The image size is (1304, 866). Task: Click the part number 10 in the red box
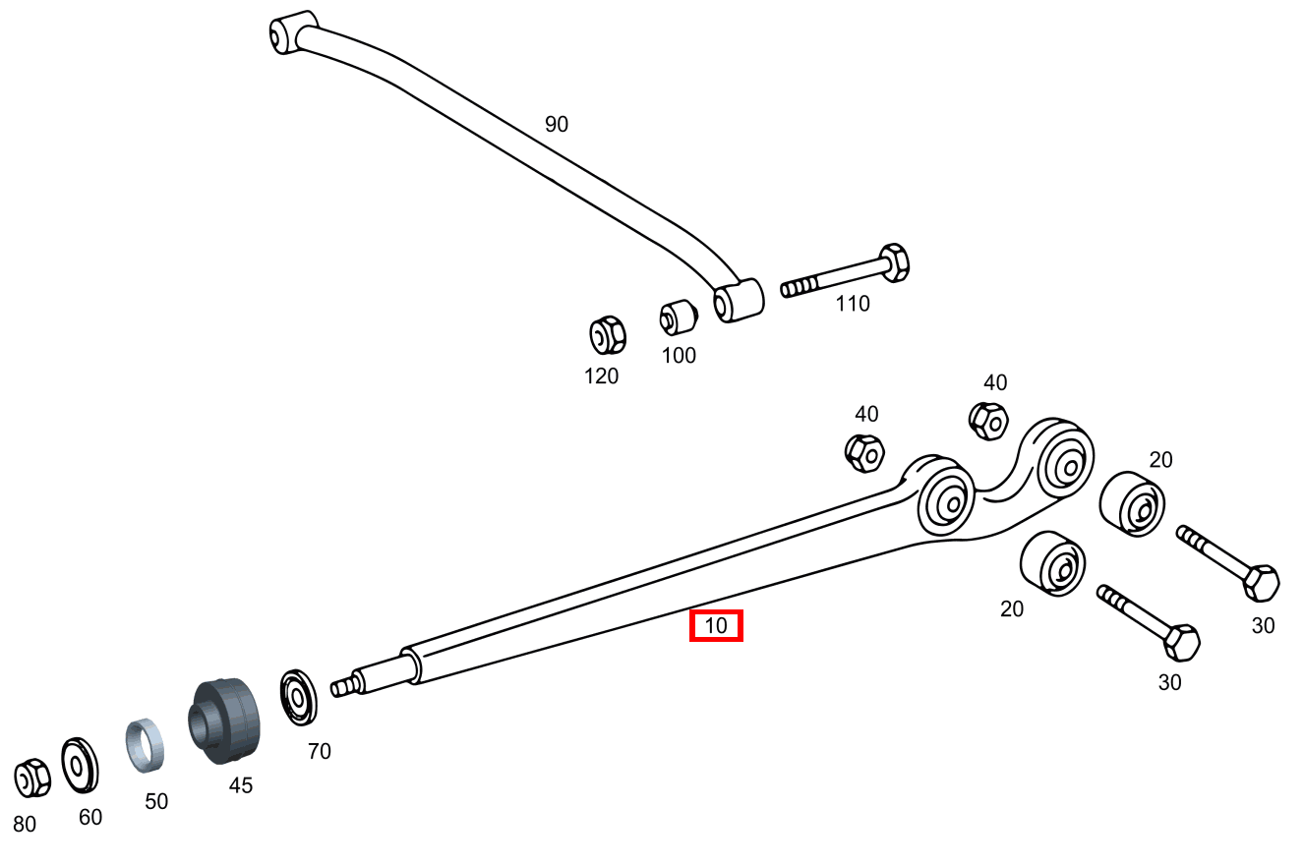pos(716,625)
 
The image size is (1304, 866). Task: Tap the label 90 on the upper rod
pos(556,124)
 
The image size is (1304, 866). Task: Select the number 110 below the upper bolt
pos(853,303)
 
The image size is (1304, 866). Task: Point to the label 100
pos(679,355)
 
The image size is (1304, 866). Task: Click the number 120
pos(601,375)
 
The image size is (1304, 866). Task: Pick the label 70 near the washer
pos(319,751)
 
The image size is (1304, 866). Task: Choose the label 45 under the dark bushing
pos(240,785)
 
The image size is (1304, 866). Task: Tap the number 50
pos(156,801)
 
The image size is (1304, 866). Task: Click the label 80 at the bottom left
pos(25,824)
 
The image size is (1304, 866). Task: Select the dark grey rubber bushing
pos(224,721)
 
